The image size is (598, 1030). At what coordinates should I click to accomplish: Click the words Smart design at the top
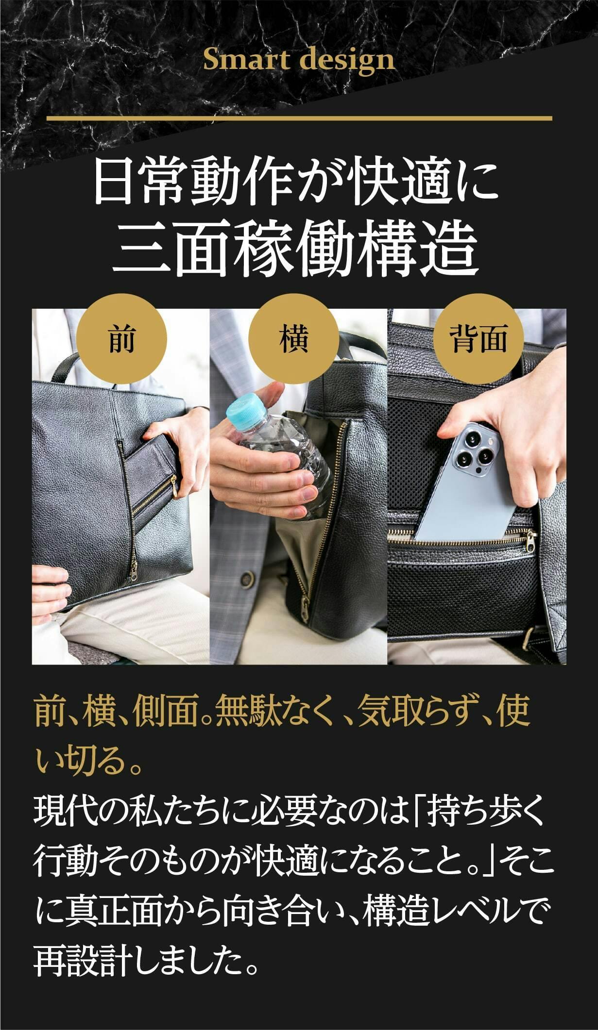click(299, 61)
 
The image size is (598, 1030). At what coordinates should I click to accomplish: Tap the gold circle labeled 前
click(122, 338)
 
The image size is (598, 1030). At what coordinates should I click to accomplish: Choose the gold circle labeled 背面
click(478, 338)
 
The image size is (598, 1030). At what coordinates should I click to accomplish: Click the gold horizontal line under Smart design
click(299, 118)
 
